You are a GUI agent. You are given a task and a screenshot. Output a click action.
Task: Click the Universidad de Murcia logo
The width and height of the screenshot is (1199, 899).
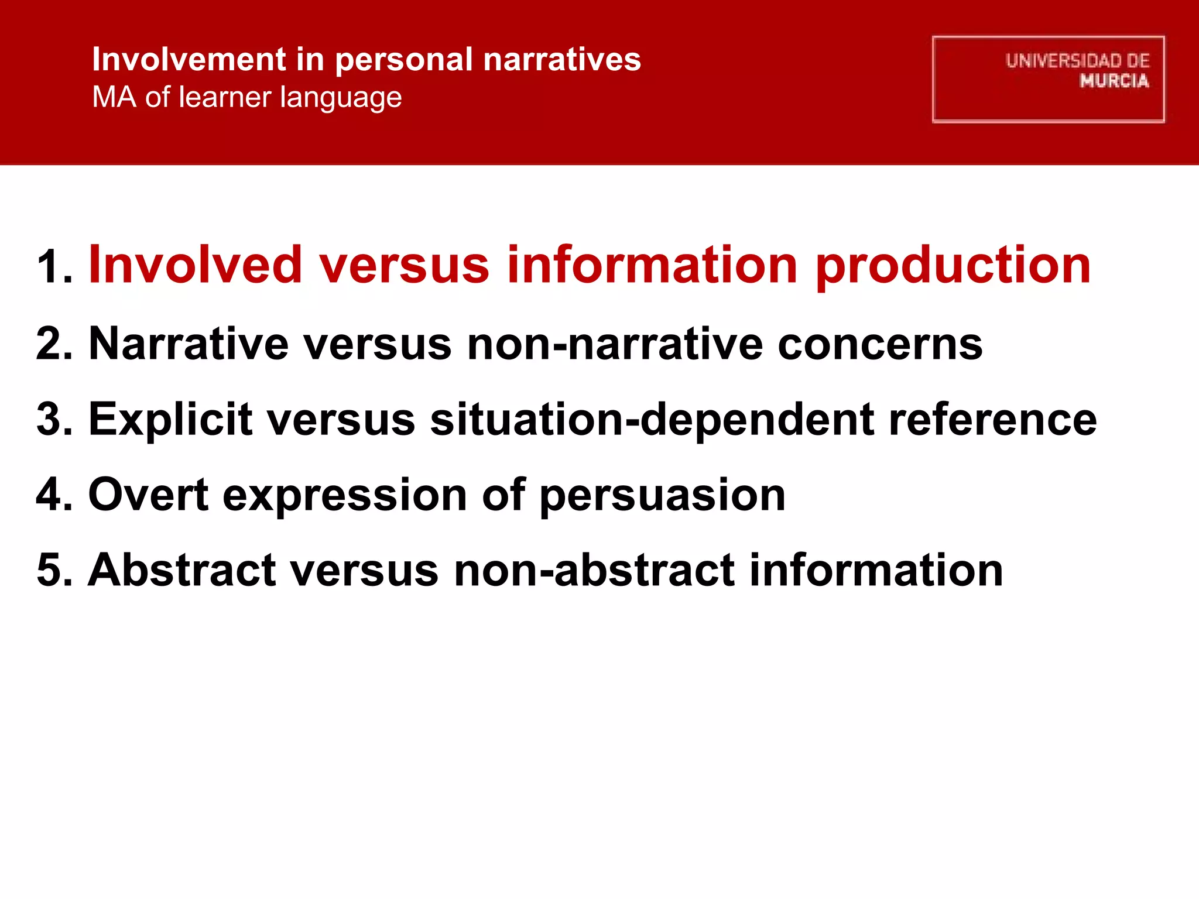click(x=1048, y=79)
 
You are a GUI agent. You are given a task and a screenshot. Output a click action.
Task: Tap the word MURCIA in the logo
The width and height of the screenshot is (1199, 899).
click(x=1114, y=81)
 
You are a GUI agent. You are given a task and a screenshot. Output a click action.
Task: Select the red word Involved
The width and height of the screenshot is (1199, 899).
click(x=195, y=265)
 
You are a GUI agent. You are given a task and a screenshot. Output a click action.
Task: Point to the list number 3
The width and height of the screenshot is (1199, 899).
click(x=54, y=419)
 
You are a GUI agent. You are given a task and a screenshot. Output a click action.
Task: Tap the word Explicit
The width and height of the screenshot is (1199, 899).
click(x=170, y=420)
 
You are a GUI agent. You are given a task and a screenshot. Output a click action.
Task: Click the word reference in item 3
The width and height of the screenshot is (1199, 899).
click(x=992, y=419)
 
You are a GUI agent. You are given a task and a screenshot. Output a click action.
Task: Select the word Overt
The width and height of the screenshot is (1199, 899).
click(x=148, y=495)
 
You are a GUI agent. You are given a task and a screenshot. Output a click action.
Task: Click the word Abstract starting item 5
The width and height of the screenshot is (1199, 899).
click(x=182, y=570)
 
